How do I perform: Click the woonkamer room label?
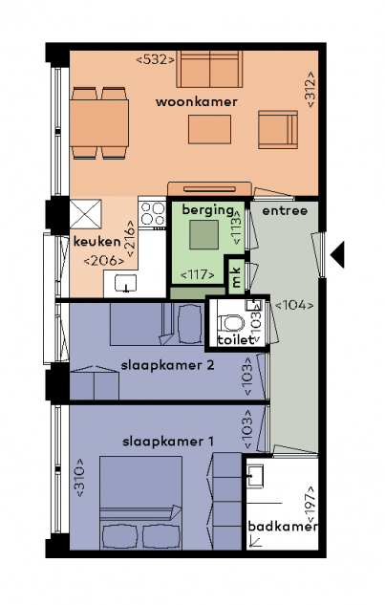click(x=197, y=102)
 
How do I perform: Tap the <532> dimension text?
click(x=155, y=60)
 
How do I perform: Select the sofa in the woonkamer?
click(x=209, y=69)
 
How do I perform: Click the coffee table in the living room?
click(x=209, y=129)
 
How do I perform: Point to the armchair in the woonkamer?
click(x=278, y=129)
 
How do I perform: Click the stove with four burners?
click(x=153, y=214)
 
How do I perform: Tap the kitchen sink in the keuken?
click(x=125, y=283)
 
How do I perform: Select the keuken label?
click(x=96, y=242)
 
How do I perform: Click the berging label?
click(x=208, y=210)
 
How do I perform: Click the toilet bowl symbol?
click(x=230, y=323)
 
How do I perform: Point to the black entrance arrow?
click(x=337, y=254)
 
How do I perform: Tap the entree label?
click(x=285, y=210)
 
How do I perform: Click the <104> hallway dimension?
click(x=294, y=305)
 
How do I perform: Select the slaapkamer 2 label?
click(x=167, y=365)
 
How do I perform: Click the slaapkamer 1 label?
click(x=168, y=442)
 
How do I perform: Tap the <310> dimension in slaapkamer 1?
click(x=80, y=477)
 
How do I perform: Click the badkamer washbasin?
click(x=255, y=476)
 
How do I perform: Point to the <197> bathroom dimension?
click(x=310, y=503)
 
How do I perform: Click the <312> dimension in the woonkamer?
click(x=310, y=89)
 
